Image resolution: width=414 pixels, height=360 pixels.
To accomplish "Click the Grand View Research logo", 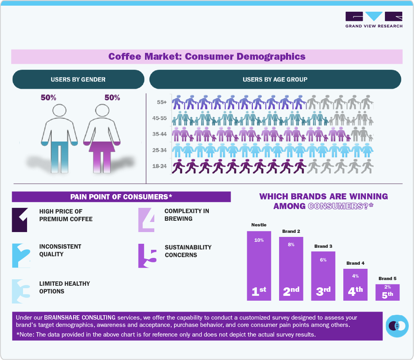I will click(x=374, y=19).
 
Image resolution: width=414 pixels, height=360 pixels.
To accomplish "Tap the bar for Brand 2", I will click(x=291, y=268).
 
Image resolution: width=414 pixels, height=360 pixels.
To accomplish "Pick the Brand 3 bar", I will click(x=323, y=276).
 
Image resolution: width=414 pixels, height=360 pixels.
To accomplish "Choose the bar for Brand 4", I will click(x=355, y=285).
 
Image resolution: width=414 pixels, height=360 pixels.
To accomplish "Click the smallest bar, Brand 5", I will click(x=387, y=292).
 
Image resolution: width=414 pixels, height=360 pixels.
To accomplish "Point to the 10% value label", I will click(x=259, y=240).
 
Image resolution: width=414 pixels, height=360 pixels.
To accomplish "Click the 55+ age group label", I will click(x=162, y=102).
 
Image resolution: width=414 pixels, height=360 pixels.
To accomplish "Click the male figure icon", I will click(x=59, y=137).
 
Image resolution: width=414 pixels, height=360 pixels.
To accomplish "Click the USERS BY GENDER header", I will click(x=78, y=80).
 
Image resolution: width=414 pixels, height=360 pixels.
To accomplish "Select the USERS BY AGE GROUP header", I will click(x=275, y=80).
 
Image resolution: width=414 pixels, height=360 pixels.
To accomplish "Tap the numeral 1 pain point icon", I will click(x=20, y=220).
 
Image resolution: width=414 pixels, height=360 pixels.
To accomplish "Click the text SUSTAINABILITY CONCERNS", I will click(x=188, y=251).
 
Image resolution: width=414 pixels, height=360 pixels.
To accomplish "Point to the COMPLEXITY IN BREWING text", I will click(x=187, y=215).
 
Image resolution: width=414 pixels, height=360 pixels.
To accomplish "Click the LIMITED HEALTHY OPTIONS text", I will click(x=65, y=287).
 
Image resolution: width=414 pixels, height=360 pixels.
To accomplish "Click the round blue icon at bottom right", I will click(x=397, y=325).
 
